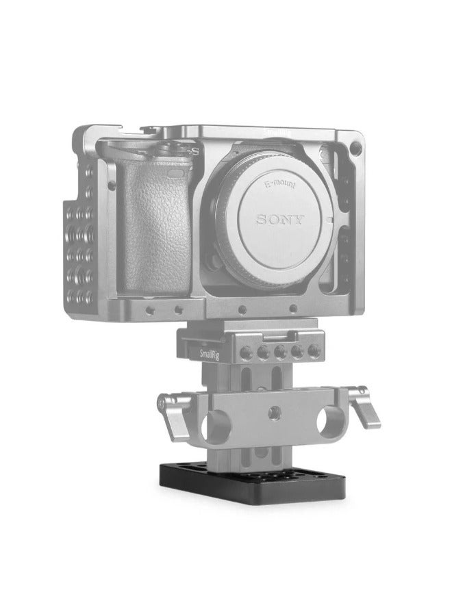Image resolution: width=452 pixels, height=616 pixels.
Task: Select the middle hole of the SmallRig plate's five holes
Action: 279,352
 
